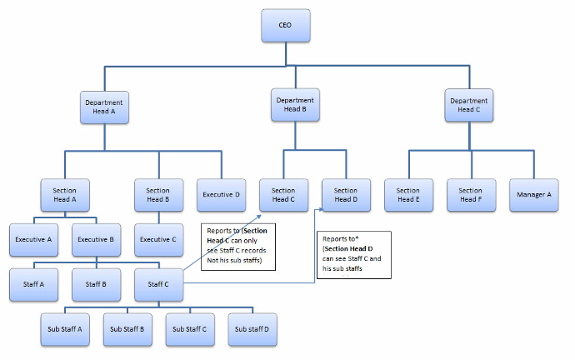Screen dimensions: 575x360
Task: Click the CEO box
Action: (286, 25)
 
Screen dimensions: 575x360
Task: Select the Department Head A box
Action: (104, 107)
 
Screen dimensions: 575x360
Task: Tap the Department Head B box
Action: (295, 105)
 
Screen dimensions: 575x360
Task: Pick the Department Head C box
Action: (469, 105)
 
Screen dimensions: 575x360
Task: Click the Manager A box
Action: (534, 195)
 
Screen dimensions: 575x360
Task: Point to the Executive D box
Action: (221, 195)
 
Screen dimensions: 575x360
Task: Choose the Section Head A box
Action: (65, 195)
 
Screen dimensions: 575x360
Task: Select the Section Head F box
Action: (471, 195)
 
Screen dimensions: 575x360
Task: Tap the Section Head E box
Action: (409, 195)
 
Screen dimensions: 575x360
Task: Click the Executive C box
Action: (159, 240)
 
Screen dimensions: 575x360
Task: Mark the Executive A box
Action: (33, 240)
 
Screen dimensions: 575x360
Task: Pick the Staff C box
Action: (159, 285)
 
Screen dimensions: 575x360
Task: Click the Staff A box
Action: (33, 285)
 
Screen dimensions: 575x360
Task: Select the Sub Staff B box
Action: (127, 329)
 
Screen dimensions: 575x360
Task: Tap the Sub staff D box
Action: (252, 329)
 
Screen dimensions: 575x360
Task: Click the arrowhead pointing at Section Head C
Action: (258, 217)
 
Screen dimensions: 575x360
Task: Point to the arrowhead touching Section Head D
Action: (321, 210)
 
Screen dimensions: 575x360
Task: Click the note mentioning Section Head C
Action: (238, 247)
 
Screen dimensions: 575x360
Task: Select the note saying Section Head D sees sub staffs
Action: (354, 255)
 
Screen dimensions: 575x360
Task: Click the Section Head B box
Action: (159, 195)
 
